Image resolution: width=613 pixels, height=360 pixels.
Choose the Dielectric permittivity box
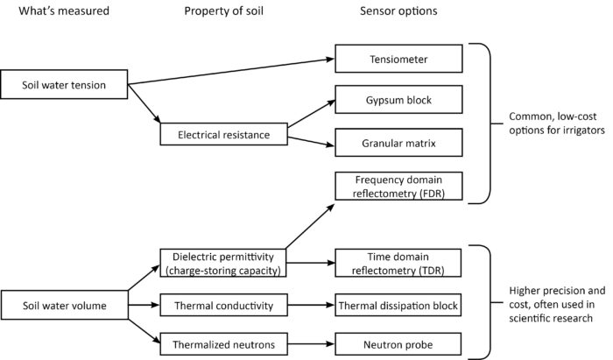click(223, 261)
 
